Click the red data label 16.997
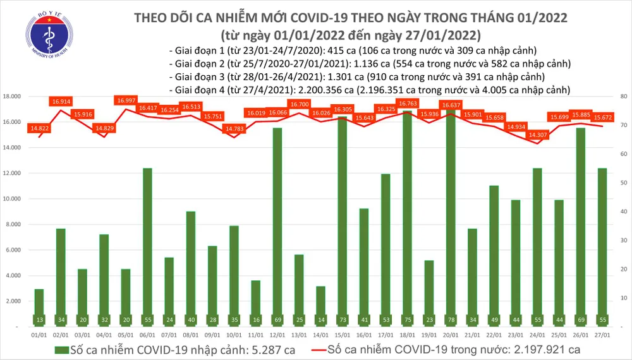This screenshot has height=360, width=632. [126, 100]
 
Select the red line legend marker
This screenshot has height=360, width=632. [327, 349]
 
